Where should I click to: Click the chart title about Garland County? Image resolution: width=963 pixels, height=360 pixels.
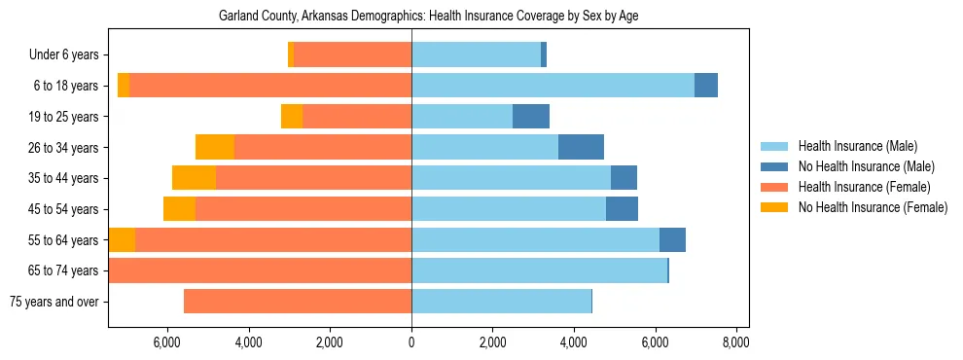click(x=428, y=16)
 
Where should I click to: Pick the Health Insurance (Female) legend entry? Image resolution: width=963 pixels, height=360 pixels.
click(x=864, y=187)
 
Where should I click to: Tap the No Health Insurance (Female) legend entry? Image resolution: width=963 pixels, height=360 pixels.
click(x=873, y=207)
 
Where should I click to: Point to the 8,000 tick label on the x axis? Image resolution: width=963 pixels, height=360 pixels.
click(x=736, y=342)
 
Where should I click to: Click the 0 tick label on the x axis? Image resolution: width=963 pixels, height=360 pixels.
click(x=411, y=342)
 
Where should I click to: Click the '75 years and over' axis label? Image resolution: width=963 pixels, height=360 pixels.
click(x=54, y=302)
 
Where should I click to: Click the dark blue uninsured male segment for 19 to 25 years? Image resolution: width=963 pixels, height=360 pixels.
click(x=531, y=117)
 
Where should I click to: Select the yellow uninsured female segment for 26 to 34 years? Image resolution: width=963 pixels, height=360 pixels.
click(x=215, y=147)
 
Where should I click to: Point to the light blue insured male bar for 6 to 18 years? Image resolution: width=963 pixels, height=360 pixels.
click(x=553, y=86)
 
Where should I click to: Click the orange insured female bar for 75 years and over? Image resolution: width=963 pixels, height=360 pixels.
click(x=298, y=302)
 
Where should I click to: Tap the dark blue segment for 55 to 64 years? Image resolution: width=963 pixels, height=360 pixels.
click(x=672, y=239)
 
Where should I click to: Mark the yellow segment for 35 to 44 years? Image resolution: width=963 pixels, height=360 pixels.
click(x=194, y=178)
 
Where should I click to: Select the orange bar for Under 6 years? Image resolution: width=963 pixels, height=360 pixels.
click(x=352, y=54)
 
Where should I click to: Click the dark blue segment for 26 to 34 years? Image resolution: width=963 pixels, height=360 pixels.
click(x=581, y=147)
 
